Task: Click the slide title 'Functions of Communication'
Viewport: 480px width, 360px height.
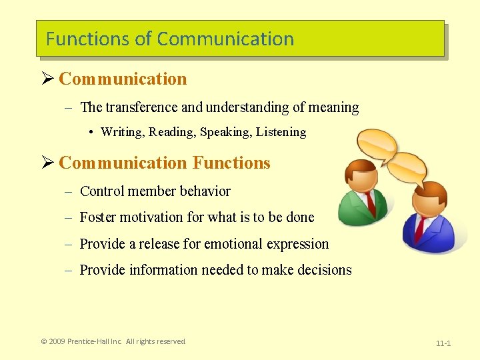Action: click(x=170, y=39)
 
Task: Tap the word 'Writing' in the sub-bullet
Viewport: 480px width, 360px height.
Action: click(x=122, y=132)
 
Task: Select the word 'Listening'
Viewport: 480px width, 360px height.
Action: click(x=281, y=132)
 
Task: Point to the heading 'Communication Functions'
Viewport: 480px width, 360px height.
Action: click(x=164, y=163)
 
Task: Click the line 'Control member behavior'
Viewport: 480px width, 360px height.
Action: click(x=155, y=191)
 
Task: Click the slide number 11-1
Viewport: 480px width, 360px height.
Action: click(x=443, y=343)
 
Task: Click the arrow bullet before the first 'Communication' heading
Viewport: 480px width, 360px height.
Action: click(x=47, y=79)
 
